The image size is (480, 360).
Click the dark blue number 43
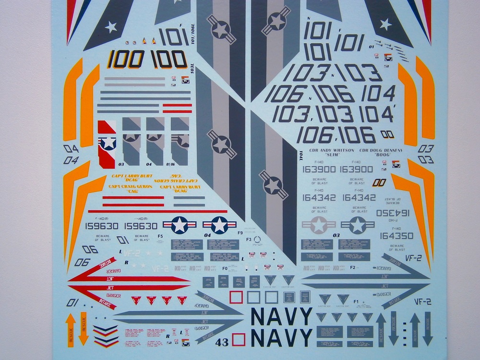222,342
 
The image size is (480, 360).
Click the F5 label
160,236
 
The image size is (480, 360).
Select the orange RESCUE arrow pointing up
69,328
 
